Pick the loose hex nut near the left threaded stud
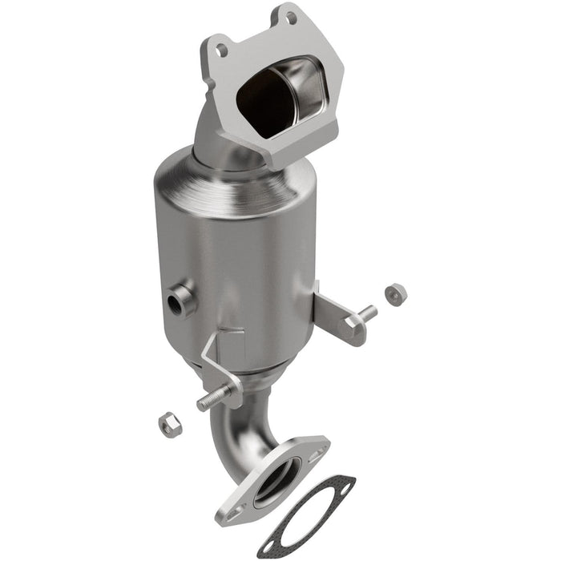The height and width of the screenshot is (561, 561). click(x=169, y=422)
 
